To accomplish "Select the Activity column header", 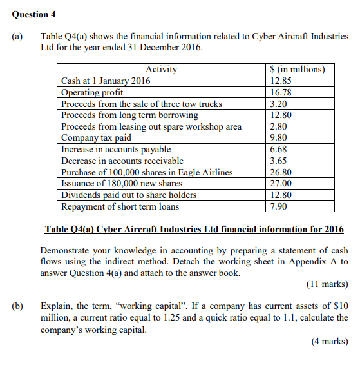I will (161, 70).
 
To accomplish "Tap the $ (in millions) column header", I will (297, 70).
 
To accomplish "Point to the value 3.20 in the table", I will (279, 104).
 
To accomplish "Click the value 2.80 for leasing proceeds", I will (279, 126).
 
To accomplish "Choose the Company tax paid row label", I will (96, 137).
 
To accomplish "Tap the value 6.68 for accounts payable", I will (279, 149).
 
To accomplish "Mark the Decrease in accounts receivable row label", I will (122, 161).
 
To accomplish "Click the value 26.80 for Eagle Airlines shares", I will (281, 172).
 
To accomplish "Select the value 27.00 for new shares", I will (281, 183).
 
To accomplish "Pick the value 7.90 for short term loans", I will (279, 206).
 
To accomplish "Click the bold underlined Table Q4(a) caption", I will (194, 230).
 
